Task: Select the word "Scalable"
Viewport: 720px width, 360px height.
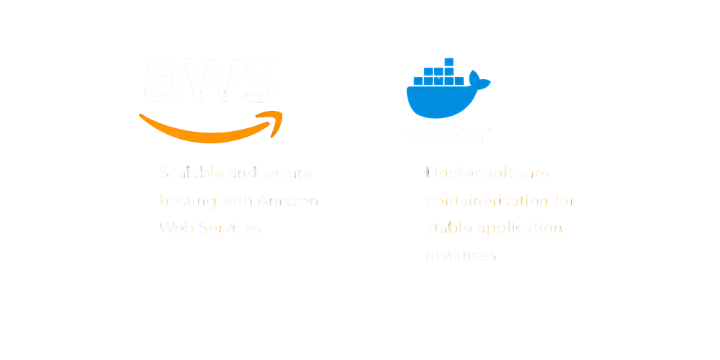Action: (191, 173)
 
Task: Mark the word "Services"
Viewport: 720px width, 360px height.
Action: (230, 228)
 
